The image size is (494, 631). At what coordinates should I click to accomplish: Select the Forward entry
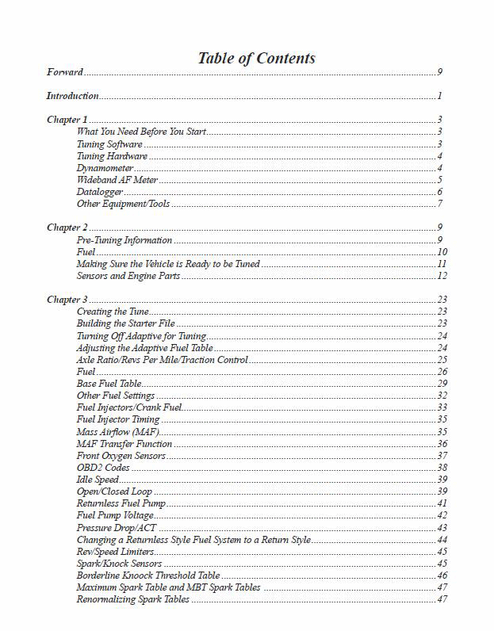tap(64, 72)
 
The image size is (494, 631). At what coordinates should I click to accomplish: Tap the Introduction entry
tap(72, 96)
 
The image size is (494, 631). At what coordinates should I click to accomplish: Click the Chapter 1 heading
tap(67, 120)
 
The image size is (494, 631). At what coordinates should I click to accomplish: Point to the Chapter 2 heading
tap(67, 228)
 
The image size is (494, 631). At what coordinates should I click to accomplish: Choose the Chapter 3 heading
tap(67, 300)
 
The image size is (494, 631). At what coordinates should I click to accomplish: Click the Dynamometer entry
tap(105, 168)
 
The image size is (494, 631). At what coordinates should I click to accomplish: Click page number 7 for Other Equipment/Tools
tap(439, 204)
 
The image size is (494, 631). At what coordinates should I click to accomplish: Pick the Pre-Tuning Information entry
tap(124, 240)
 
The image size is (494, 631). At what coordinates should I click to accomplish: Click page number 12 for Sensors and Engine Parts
tap(442, 276)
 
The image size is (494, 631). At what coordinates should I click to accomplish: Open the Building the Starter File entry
tap(125, 323)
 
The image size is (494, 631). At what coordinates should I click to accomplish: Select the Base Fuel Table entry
tap(109, 384)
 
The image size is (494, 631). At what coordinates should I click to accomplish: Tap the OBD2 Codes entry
tap(103, 468)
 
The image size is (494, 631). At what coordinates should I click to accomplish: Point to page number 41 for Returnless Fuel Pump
tap(442, 503)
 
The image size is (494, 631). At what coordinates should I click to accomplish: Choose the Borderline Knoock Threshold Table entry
tap(148, 576)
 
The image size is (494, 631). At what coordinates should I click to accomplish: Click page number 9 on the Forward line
tap(439, 72)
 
